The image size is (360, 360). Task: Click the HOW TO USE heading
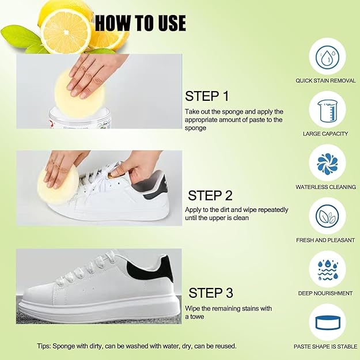(141, 22)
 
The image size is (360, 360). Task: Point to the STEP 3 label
(211, 293)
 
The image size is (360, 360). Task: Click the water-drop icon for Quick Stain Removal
(327, 56)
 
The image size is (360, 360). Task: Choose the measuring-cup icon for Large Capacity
(327, 109)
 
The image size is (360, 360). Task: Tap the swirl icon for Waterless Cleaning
(327, 163)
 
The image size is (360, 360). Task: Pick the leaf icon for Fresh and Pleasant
(327, 216)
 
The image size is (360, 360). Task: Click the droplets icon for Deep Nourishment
(327, 270)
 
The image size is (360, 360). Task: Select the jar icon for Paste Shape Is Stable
(327, 322)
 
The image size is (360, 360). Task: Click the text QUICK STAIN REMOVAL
(325, 81)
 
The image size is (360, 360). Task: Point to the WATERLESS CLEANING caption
(325, 187)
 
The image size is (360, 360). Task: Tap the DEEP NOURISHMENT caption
(325, 293)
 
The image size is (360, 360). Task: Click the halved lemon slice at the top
(65, 30)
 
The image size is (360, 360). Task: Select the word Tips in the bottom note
(44, 346)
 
